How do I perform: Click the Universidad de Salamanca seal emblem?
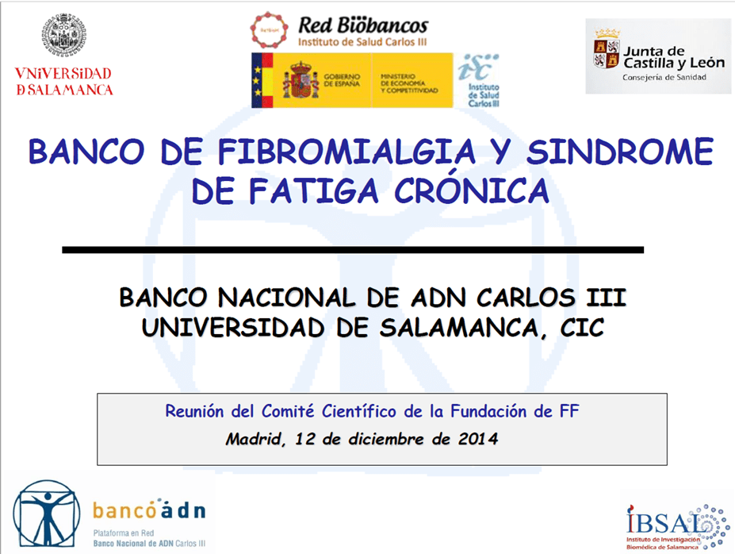point(64,35)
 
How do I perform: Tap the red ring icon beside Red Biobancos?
point(269,30)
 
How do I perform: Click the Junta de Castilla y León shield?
point(607,54)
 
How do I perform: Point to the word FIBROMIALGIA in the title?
point(346,152)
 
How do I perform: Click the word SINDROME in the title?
point(620,152)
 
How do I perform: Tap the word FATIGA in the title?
point(313,191)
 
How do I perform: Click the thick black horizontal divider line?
point(353,250)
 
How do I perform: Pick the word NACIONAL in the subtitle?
point(286,298)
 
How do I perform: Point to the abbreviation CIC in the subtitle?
point(582,328)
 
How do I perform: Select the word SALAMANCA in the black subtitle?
point(458,328)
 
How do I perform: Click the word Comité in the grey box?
point(287,411)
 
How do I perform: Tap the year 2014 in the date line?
point(477,439)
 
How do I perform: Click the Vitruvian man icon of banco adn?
point(46,513)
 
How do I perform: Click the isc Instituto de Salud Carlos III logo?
point(479,80)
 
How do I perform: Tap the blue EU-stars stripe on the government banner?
point(256,80)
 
